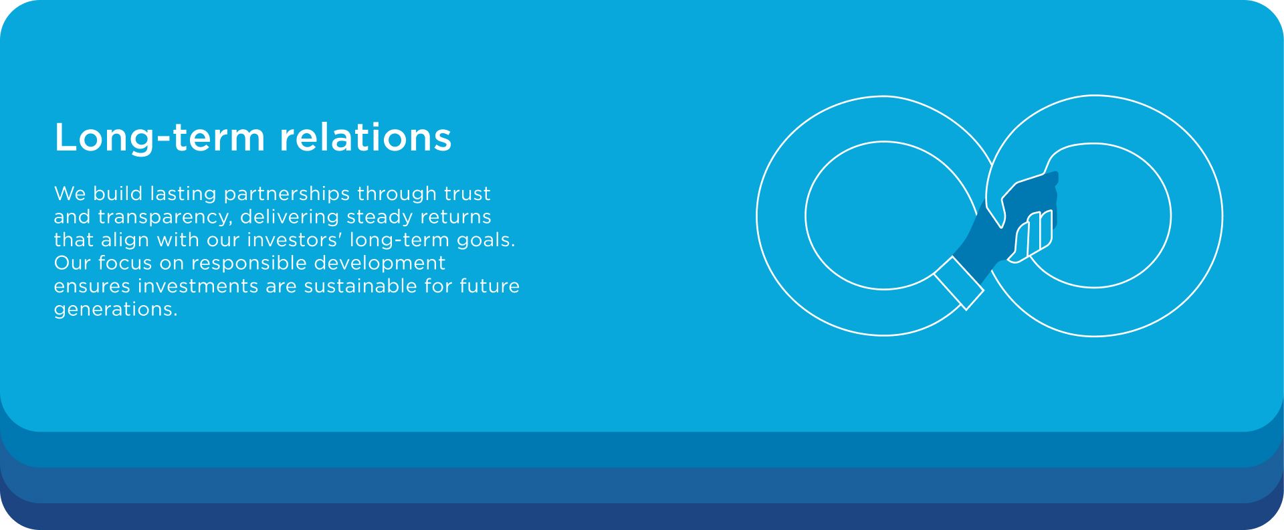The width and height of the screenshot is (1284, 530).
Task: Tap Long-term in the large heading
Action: pyautogui.click(x=160, y=138)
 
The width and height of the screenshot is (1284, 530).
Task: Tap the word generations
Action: pyautogui.click(x=116, y=310)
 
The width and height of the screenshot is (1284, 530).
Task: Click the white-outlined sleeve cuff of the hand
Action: pyautogui.click(x=959, y=283)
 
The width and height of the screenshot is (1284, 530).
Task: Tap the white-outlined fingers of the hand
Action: pyautogui.click(x=1031, y=236)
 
